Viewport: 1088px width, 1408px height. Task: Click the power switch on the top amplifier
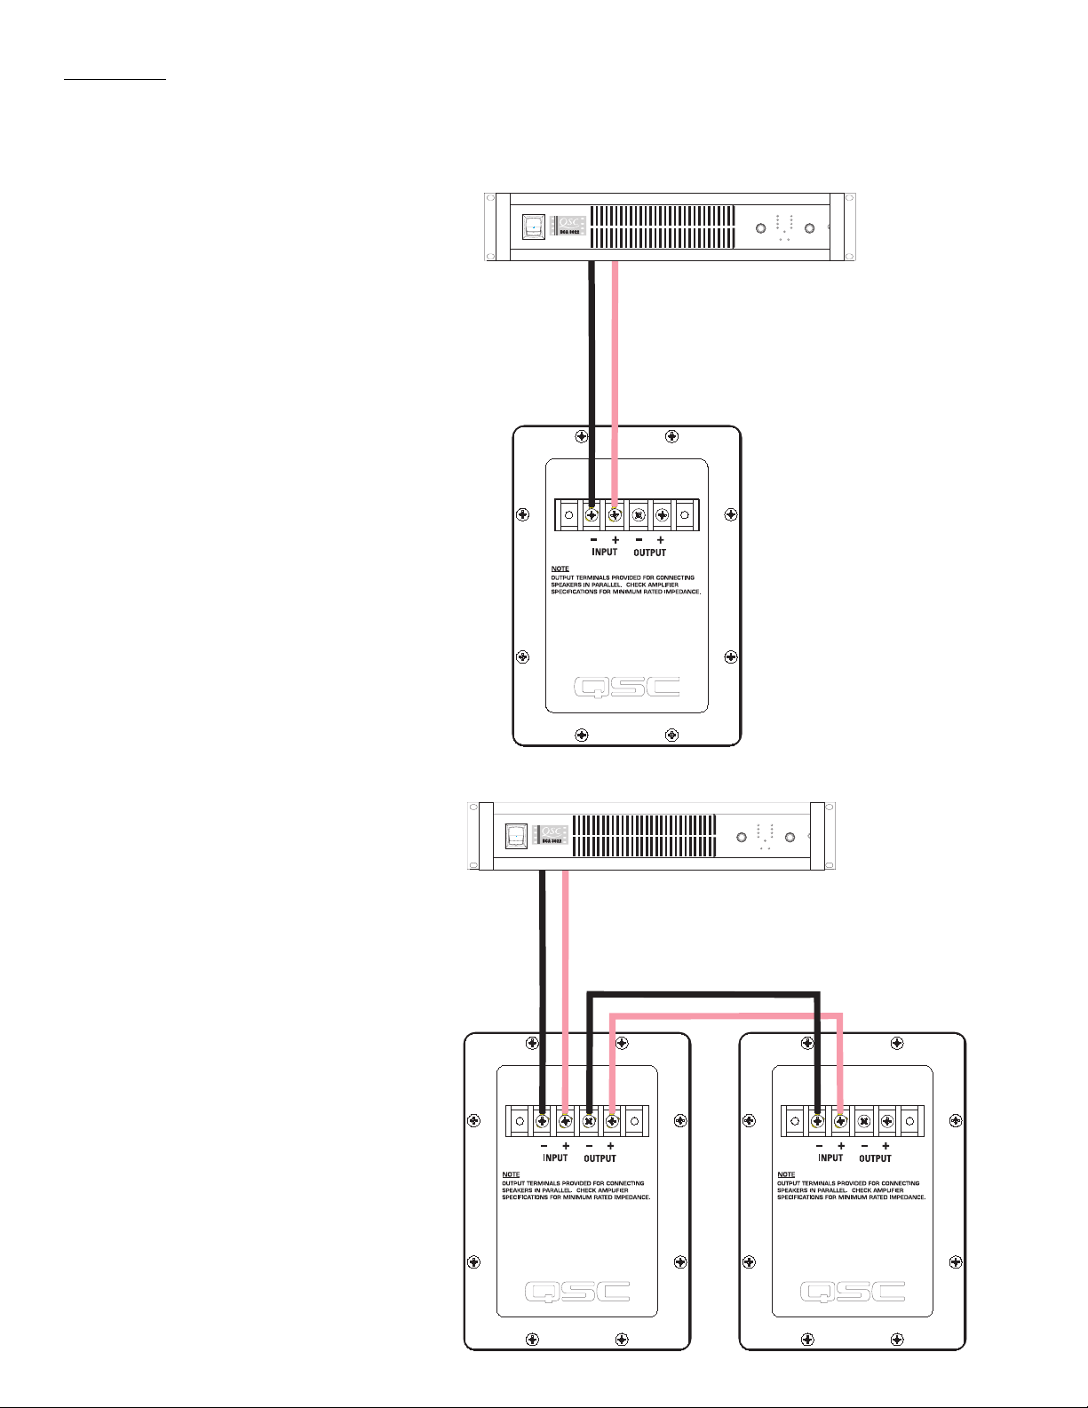tap(532, 227)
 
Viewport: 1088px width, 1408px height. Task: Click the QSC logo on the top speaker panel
tap(626, 687)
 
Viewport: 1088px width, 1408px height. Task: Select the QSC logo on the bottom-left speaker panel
tap(577, 1292)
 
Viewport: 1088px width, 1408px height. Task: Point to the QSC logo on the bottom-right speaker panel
tap(853, 1292)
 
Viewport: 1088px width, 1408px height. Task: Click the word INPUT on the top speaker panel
tap(604, 552)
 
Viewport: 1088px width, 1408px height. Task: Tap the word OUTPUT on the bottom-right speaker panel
tap(875, 1157)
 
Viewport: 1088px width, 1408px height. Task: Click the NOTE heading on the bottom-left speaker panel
tap(511, 1174)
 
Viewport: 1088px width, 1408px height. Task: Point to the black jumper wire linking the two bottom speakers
tap(702, 994)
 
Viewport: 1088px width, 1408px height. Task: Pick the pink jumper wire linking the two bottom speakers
tap(724, 1014)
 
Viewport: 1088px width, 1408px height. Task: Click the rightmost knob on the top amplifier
tap(809, 228)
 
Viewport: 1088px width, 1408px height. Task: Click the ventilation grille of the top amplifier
tap(662, 227)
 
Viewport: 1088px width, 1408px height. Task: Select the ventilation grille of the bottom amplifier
tap(644, 836)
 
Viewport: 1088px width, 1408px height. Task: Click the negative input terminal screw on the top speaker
tap(592, 514)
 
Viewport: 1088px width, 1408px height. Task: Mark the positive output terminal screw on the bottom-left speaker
tap(611, 1121)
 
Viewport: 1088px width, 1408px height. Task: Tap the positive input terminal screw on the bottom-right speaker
tap(840, 1121)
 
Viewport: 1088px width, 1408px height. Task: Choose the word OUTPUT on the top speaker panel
tap(649, 552)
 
